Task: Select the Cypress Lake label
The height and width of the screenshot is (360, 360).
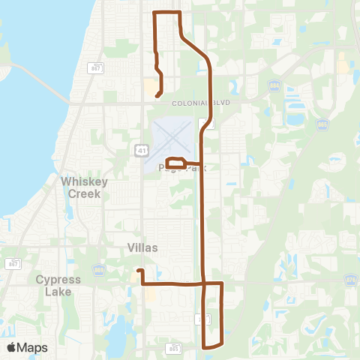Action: click(x=58, y=285)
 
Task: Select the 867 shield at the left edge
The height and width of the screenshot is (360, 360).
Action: click(x=13, y=263)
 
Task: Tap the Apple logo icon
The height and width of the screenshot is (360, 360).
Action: click(x=11, y=346)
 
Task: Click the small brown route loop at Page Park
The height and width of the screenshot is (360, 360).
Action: click(x=175, y=163)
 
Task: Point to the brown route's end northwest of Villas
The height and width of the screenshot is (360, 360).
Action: click(x=138, y=270)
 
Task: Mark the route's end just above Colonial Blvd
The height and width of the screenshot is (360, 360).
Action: click(x=157, y=95)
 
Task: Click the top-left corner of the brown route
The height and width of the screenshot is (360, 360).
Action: click(x=154, y=13)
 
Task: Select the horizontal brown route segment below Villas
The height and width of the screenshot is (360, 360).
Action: click(x=172, y=283)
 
